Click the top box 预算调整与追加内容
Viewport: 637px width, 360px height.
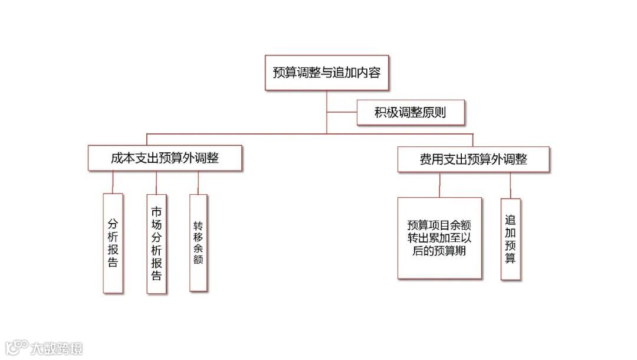(326, 73)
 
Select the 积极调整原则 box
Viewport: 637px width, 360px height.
(410, 113)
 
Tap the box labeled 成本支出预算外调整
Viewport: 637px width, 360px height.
(165, 158)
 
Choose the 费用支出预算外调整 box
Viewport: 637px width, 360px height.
(473, 159)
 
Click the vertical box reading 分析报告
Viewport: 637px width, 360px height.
(113, 243)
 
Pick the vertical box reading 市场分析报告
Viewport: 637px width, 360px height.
(156, 243)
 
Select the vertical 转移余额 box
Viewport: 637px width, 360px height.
(198, 243)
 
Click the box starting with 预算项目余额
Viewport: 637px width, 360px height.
(439, 238)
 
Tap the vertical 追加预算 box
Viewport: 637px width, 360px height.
(511, 238)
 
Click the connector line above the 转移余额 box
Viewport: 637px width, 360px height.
(198, 182)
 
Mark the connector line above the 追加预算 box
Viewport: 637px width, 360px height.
(511, 185)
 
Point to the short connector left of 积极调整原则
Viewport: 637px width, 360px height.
(342, 112)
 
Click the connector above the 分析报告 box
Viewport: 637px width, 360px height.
(113, 182)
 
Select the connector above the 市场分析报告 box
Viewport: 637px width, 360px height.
(156, 182)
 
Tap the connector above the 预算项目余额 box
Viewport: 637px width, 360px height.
(439, 184)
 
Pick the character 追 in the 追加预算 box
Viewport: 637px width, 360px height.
(511, 218)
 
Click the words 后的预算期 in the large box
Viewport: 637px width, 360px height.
(439, 251)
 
